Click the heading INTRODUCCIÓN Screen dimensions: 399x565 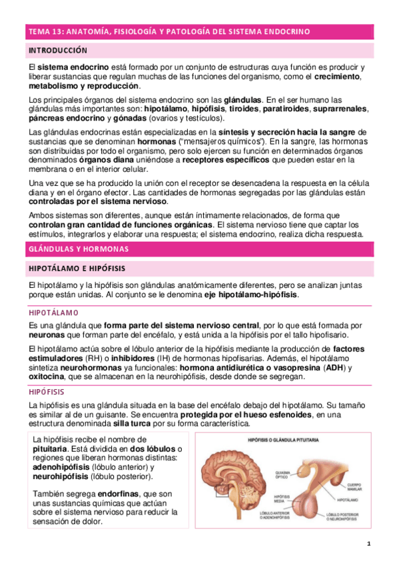[x=57, y=50]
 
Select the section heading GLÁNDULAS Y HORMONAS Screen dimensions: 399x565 [x=79, y=249]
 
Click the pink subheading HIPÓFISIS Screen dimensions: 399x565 [x=47, y=392]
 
